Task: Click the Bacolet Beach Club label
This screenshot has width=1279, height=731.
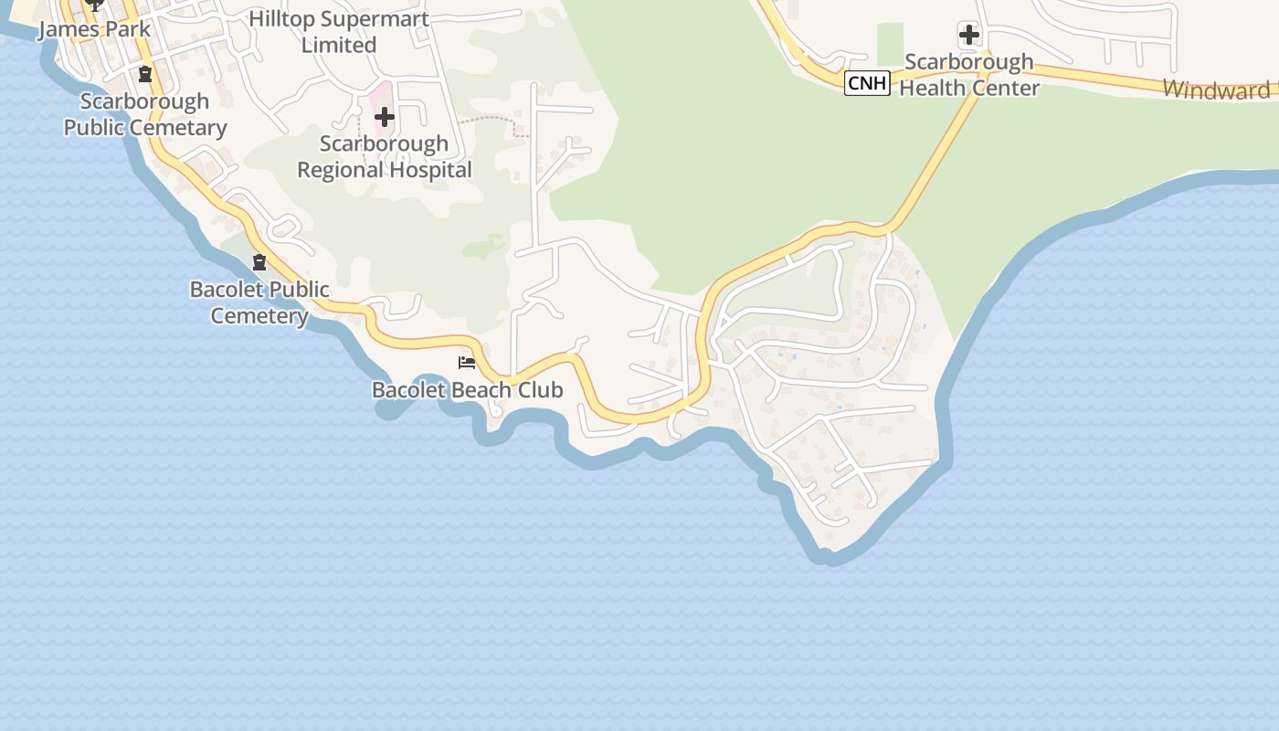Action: click(x=467, y=390)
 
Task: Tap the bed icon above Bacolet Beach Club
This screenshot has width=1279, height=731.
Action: click(x=467, y=363)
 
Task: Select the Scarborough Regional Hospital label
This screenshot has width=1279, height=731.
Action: click(x=385, y=156)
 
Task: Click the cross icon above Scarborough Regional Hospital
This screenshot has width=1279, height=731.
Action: click(x=385, y=116)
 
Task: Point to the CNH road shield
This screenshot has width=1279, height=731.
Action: click(x=866, y=83)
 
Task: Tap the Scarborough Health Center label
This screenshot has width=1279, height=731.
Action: click(x=969, y=75)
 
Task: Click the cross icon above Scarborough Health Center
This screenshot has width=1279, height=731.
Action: click(x=969, y=36)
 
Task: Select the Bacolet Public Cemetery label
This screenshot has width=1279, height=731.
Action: click(x=260, y=302)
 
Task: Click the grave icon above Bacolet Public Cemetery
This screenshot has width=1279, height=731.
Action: click(x=259, y=263)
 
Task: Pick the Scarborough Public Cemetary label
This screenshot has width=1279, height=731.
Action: click(x=145, y=114)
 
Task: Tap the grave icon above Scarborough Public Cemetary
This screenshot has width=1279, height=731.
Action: click(x=144, y=74)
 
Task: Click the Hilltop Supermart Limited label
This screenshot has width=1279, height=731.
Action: click(x=339, y=31)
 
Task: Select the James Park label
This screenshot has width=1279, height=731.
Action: click(x=94, y=29)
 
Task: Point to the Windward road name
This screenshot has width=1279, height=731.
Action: click(x=1216, y=90)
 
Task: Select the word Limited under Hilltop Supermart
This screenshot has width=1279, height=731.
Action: click(x=339, y=45)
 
